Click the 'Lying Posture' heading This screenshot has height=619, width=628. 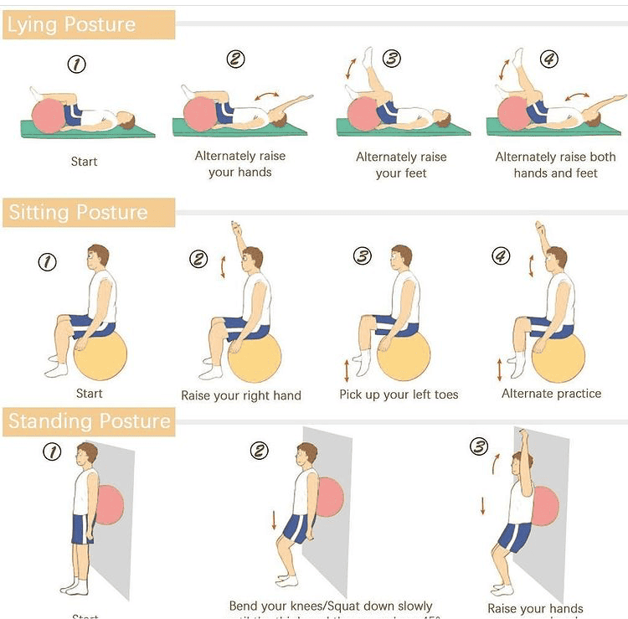(x=71, y=25)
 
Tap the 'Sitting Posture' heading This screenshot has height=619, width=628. (x=78, y=213)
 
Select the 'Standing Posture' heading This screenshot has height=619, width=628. (x=90, y=421)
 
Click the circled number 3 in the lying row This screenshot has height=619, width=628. (x=391, y=59)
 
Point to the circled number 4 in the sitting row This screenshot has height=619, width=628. (x=501, y=256)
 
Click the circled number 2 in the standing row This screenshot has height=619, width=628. (x=260, y=451)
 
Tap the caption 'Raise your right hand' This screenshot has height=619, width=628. (x=241, y=395)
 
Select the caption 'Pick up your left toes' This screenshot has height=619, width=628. (x=399, y=395)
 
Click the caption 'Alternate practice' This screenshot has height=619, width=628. (x=551, y=394)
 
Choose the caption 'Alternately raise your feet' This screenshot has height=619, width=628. (x=402, y=165)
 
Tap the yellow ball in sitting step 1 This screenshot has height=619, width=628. (x=100, y=355)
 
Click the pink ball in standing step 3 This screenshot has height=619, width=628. (x=545, y=506)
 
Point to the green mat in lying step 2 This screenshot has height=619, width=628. (x=251, y=128)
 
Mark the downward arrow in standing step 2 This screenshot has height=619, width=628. (x=274, y=519)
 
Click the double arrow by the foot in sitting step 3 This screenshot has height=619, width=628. (x=347, y=369)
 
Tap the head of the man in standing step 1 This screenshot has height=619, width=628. (x=86, y=457)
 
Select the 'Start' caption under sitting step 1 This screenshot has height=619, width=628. (x=89, y=394)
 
